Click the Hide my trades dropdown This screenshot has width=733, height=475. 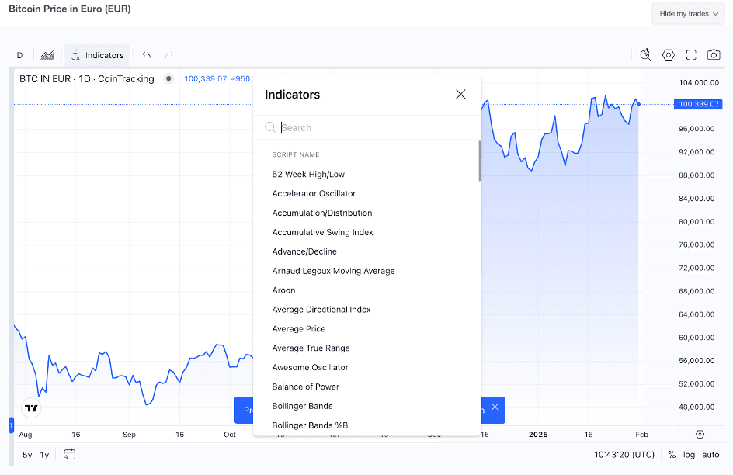pos(688,13)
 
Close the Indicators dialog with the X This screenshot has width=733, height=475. pos(460,94)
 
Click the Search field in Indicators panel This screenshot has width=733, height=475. pos(373,127)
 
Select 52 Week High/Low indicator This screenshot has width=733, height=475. pos(308,174)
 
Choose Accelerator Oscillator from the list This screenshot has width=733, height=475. pos(314,193)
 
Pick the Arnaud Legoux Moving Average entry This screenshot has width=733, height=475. pos(333,271)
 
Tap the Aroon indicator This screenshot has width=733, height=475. pos(283,290)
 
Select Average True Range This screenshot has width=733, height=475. pos(311,348)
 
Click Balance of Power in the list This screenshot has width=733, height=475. pos(305,387)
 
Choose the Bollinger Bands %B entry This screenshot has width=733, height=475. pos(310,425)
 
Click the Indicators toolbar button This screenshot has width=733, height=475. pos(97,55)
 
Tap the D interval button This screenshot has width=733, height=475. pos(19,55)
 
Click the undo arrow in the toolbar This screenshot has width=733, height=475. pos(147,55)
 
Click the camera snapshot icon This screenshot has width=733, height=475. pos(714,54)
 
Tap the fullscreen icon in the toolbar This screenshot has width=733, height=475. pos(691,54)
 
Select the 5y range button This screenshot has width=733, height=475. pos(27,455)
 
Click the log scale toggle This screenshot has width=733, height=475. pos(689,455)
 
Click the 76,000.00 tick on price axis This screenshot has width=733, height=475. pos(697,244)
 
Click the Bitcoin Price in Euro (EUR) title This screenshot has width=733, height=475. pos(70,9)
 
